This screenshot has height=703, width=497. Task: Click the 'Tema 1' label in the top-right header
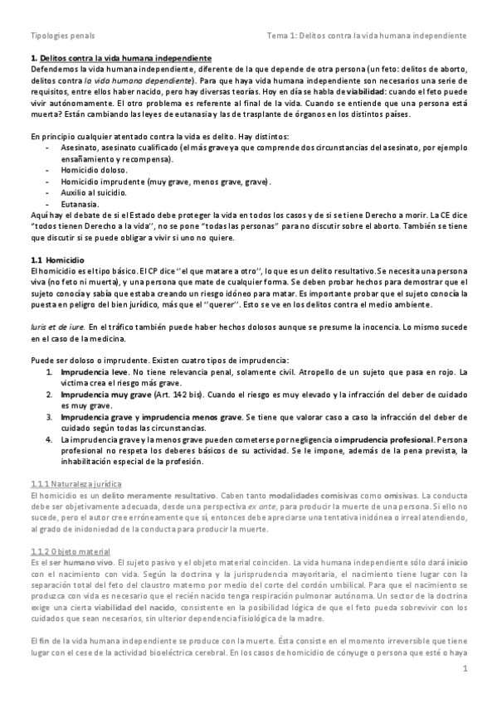283,36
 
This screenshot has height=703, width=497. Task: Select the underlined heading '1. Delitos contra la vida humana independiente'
119,60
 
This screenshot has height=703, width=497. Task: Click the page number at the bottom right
465,681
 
